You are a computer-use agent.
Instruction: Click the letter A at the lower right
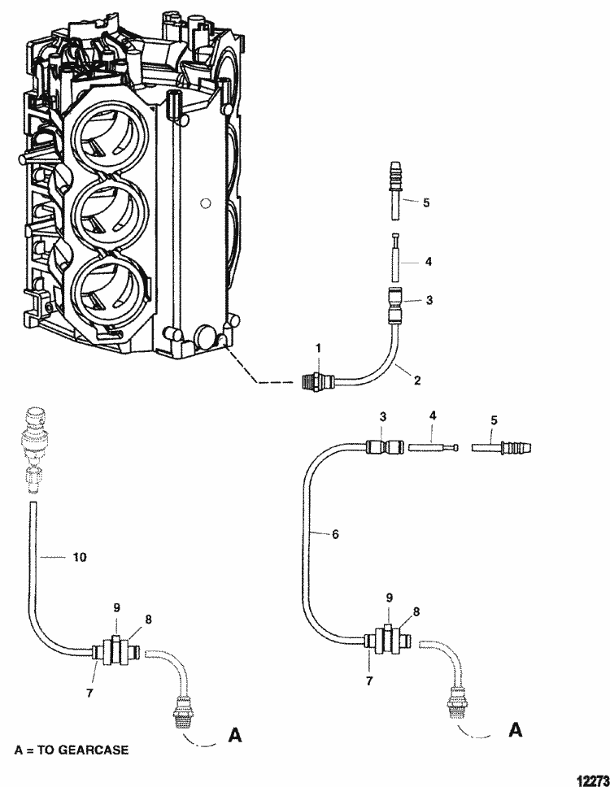515,731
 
